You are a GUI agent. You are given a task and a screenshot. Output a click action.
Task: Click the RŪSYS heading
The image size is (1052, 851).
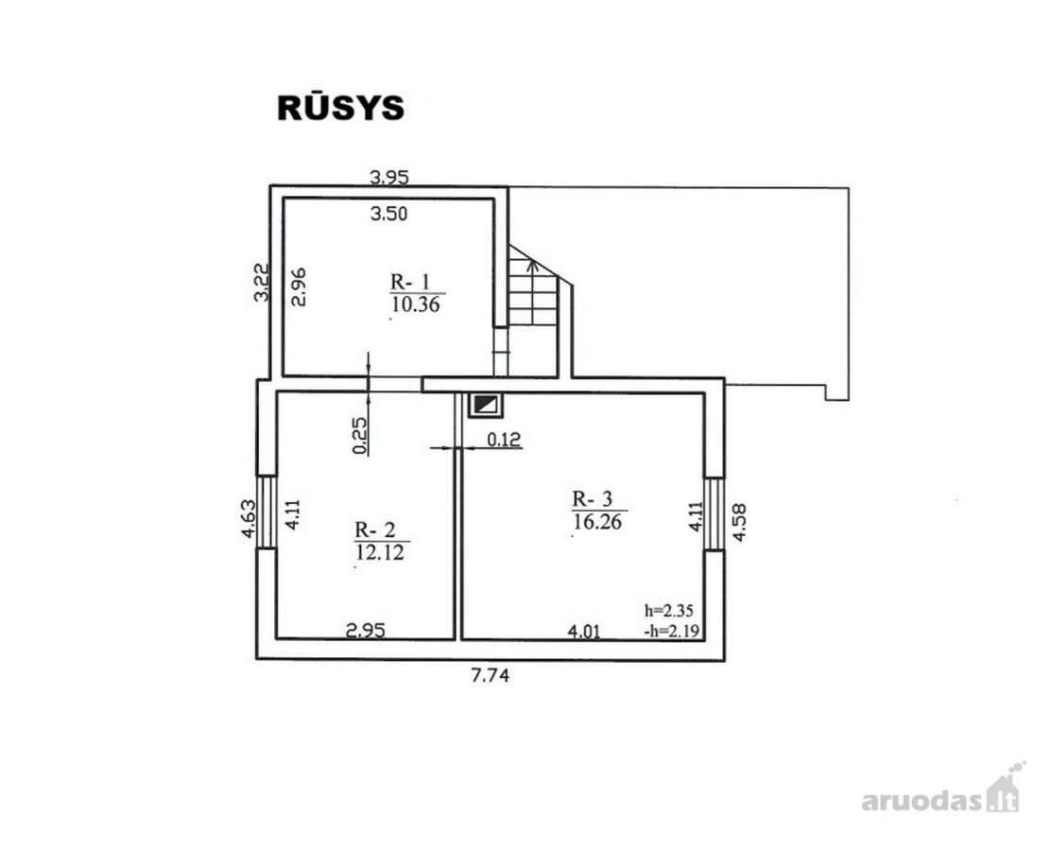click(x=341, y=107)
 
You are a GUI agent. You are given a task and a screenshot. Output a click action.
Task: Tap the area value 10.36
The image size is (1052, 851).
click(x=416, y=304)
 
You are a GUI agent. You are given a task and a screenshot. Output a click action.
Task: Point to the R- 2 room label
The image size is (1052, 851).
click(x=374, y=530)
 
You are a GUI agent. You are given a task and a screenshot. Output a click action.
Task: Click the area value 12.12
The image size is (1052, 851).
click(x=380, y=552)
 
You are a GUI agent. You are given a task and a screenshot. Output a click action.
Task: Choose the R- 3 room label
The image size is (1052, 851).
click(x=593, y=498)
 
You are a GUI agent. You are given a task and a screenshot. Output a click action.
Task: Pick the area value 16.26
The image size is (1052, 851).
click(x=597, y=521)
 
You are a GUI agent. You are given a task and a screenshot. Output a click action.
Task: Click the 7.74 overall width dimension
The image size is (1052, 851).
click(x=491, y=675)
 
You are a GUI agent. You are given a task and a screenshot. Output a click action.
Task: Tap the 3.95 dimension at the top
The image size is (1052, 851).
click(x=389, y=177)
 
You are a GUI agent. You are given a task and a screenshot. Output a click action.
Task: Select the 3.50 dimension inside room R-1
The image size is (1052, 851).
click(x=388, y=214)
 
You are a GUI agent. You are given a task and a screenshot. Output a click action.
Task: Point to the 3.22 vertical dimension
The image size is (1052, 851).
click(x=262, y=282)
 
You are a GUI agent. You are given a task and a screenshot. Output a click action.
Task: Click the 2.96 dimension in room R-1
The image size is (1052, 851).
click(x=300, y=287)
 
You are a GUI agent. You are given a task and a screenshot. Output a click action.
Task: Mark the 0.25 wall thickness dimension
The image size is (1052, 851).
click(x=360, y=436)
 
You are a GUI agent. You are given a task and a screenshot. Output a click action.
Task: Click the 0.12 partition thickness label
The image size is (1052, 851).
click(x=504, y=440)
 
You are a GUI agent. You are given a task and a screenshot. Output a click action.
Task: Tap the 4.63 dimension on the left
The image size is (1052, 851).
click(x=249, y=518)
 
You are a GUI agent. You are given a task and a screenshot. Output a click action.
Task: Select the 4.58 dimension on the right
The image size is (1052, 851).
click(x=739, y=523)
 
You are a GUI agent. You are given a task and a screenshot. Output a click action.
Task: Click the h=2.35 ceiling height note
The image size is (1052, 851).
click(x=669, y=611)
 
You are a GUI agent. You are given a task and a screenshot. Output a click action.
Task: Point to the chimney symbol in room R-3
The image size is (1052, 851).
click(x=487, y=404)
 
